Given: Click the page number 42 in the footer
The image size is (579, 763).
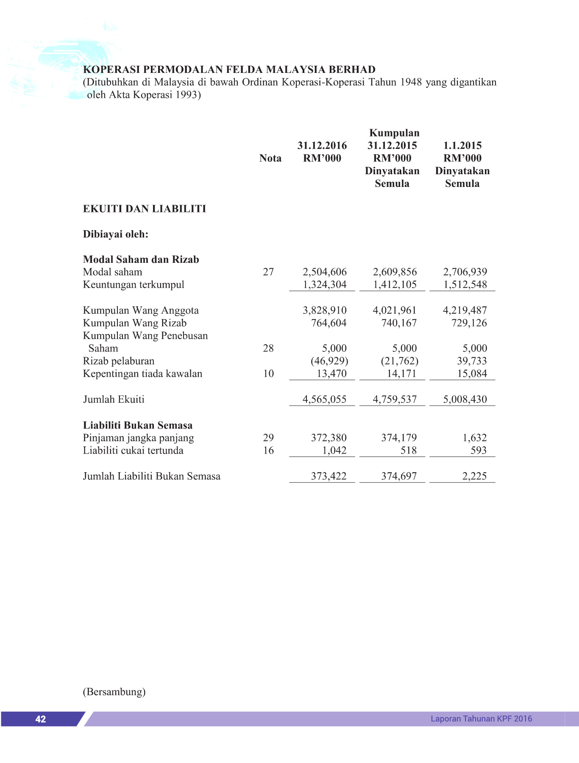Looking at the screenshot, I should (x=41, y=719).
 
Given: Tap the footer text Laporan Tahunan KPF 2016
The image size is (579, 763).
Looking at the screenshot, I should (x=481, y=718).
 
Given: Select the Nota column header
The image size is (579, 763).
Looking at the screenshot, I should (x=270, y=158).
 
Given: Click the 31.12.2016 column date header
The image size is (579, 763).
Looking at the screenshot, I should (x=322, y=145).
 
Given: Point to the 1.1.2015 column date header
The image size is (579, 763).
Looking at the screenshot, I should (x=462, y=145).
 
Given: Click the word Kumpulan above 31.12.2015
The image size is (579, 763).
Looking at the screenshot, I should (x=394, y=133).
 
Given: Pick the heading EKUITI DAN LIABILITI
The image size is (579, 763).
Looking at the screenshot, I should (x=145, y=209).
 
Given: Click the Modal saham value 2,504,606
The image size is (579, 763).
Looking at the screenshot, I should (x=324, y=272).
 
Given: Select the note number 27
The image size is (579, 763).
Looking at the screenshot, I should (x=268, y=272).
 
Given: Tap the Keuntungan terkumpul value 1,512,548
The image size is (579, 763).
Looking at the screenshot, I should (x=465, y=284).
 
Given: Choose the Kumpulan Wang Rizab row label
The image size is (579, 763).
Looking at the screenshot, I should (x=135, y=323).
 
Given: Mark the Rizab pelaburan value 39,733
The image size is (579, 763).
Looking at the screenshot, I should (x=472, y=361).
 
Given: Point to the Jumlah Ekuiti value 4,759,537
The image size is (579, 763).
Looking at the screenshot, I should (x=395, y=399).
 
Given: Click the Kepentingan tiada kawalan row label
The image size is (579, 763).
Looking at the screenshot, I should (x=142, y=373).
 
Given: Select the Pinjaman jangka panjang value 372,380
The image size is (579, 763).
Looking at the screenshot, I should (x=328, y=437).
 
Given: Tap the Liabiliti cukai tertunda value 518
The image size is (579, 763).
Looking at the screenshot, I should (x=409, y=450).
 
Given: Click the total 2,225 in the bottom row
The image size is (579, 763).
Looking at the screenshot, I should (x=474, y=476).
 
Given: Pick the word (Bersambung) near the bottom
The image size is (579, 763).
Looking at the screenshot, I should (x=114, y=692).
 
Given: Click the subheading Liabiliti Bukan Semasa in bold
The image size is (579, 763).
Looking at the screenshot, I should (x=138, y=425).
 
